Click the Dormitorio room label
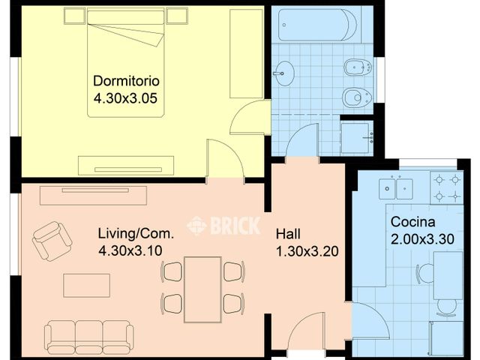point(126,81)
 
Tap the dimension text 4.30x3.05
point(125,98)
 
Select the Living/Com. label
point(136,233)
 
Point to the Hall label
point(288,234)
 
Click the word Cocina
point(412,222)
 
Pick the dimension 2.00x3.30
point(422,239)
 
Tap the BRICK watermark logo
point(223,226)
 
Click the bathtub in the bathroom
point(317,25)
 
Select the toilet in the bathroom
point(357,97)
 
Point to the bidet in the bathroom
point(358,67)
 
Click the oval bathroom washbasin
point(283,73)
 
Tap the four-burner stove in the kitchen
point(447,187)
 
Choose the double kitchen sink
point(396,188)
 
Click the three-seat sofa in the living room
point(88,337)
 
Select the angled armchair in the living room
point(52,241)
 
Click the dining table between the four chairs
point(202,289)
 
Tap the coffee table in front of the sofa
point(87,286)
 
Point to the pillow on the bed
point(125,17)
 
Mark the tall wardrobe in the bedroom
point(246,53)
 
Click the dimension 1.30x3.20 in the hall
point(307,252)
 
